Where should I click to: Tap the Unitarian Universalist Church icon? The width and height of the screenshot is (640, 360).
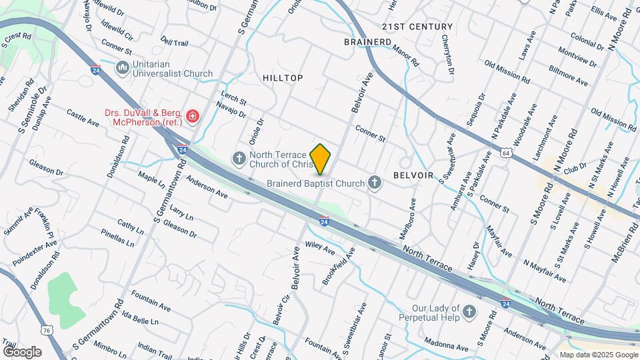pos(122,68)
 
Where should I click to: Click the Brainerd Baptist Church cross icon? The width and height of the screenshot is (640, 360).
pos(375,183)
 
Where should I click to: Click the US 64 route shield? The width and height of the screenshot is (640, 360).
pos(507,153)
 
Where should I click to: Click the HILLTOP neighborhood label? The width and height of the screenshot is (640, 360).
pos(283,78)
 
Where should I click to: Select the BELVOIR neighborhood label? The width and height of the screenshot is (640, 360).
pos(413,175)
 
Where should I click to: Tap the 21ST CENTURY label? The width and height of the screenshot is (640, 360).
pos(417,27)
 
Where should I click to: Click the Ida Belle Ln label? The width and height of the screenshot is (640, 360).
pos(142,319)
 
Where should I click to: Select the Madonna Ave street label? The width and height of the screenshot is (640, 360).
pos(445,347)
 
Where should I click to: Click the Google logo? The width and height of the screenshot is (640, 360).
pos(22,352)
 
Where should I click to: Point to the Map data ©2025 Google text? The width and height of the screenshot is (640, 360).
pos(598,355)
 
